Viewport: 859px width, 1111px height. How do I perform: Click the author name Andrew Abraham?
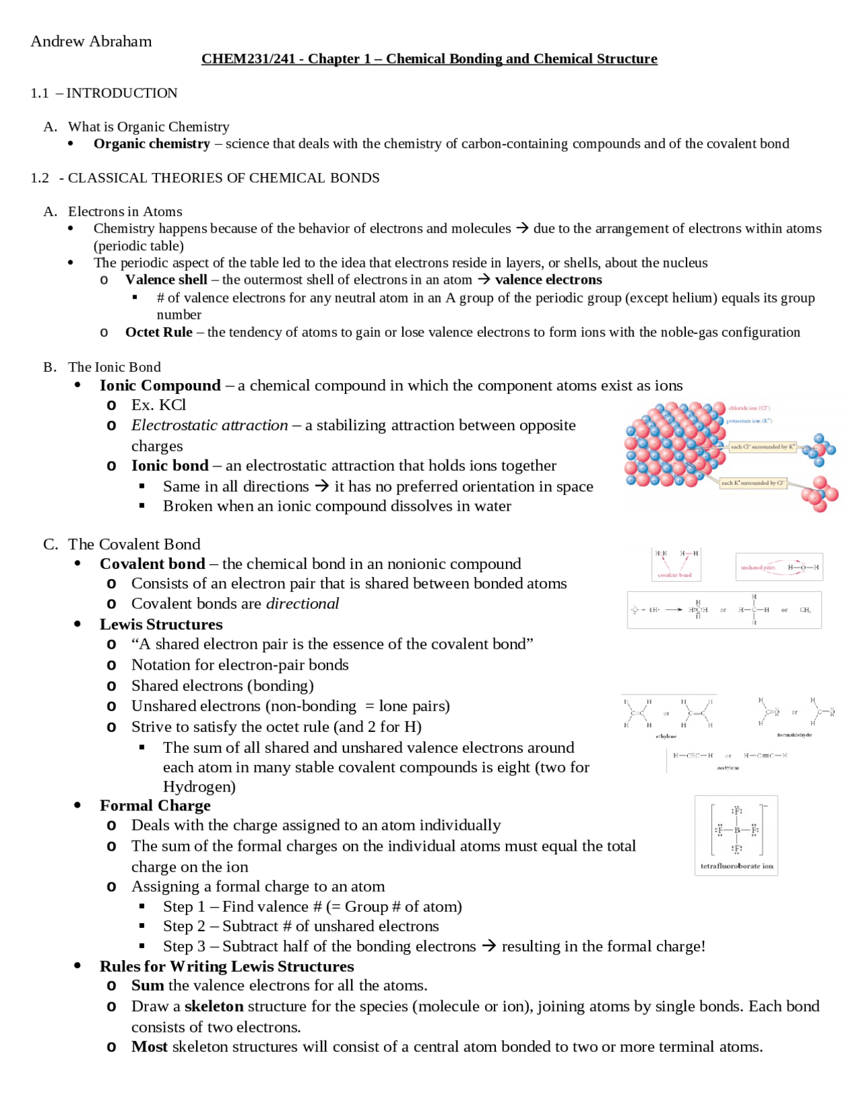pyautogui.click(x=91, y=42)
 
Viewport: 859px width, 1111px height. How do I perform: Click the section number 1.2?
pyautogui.click(x=40, y=178)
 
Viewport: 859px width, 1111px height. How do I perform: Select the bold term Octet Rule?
pyautogui.click(x=158, y=332)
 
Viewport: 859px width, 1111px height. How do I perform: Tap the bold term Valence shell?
pyautogui.click(x=166, y=280)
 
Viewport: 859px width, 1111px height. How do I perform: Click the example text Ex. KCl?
pyautogui.click(x=158, y=405)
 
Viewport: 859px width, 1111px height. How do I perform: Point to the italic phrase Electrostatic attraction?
pyautogui.click(x=209, y=425)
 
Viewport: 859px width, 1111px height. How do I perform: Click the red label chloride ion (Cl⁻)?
pyautogui.click(x=749, y=408)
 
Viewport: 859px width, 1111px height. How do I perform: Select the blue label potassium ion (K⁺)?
pyautogui.click(x=749, y=421)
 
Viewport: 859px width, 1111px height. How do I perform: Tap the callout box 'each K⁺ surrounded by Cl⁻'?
pyautogui.click(x=752, y=482)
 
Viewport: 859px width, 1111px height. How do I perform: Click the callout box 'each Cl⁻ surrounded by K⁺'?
pyautogui.click(x=762, y=446)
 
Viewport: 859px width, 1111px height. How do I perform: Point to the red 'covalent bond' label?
pyautogui.click(x=674, y=575)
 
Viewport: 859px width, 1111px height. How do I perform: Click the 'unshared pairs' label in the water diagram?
pyautogui.click(x=757, y=568)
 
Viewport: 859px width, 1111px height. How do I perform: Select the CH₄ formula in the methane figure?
pyautogui.click(x=805, y=610)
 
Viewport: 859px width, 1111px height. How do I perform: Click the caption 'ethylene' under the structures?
pyautogui.click(x=666, y=736)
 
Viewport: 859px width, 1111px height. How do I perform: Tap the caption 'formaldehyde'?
pyautogui.click(x=794, y=735)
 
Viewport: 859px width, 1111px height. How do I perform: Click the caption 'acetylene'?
pyautogui.click(x=727, y=768)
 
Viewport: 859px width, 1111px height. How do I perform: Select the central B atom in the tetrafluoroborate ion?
pyautogui.click(x=737, y=830)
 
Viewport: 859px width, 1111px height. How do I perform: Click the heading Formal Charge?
pyautogui.click(x=155, y=806)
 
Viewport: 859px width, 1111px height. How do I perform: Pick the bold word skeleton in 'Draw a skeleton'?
pyautogui.click(x=214, y=1006)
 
